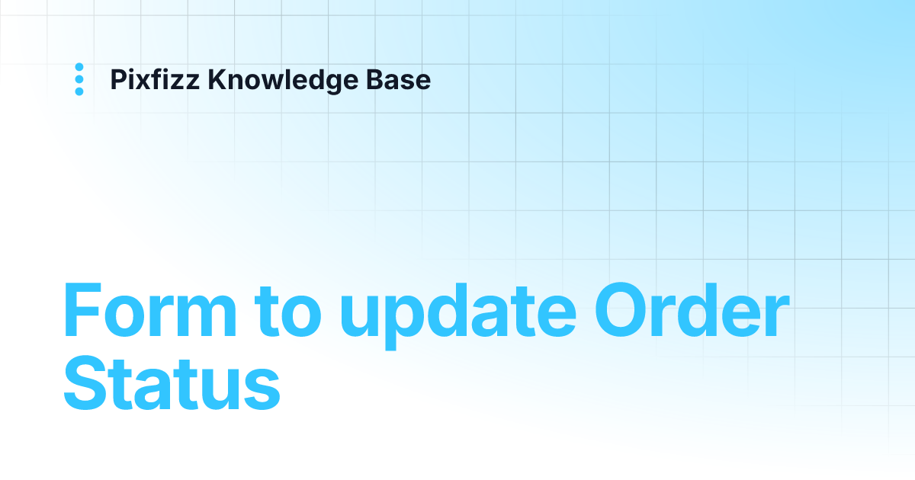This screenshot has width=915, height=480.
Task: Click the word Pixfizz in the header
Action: coord(156,79)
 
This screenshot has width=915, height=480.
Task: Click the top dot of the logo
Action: coord(79,67)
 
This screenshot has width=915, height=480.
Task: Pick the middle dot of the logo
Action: coord(79,79)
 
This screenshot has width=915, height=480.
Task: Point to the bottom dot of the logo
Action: coord(79,91)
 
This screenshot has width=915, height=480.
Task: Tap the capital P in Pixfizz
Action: coord(117,79)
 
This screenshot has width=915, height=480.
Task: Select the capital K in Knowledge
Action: coord(217,79)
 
